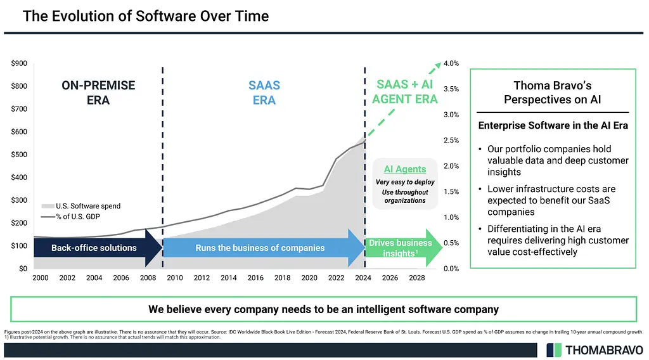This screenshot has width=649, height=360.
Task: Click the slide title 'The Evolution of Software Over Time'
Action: [145, 16]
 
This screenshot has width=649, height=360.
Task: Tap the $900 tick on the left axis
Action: [18, 63]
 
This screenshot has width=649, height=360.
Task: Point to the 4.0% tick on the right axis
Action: [451, 63]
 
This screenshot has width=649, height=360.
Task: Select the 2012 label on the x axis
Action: [202, 278]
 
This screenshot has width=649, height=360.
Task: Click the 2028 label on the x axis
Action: [417, 278]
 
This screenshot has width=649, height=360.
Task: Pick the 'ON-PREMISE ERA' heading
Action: [98, 93]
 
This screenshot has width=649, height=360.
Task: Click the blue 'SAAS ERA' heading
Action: [264, 93]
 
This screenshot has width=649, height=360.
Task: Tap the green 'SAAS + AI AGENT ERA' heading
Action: [405, 91]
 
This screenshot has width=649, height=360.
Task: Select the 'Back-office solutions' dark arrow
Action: [94, 248]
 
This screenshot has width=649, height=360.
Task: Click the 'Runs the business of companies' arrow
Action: [260, 248]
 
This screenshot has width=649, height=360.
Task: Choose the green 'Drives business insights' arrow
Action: [401, 248]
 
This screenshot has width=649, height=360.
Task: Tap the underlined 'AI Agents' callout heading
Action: [405, 169]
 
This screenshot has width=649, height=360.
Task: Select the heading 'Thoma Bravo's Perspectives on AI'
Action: [552, 93]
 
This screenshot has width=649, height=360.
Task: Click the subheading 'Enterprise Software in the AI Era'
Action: [553, 125]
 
